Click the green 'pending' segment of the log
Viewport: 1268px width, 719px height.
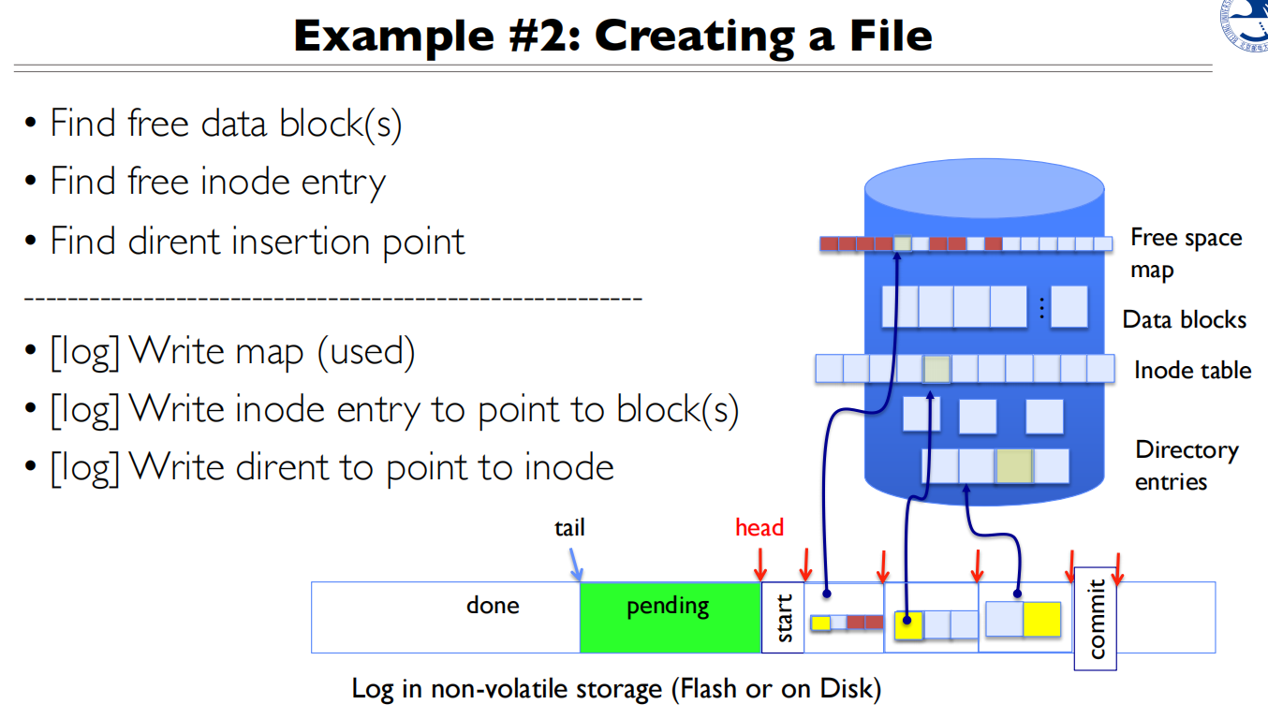pyautogui.click(x=669, y=617)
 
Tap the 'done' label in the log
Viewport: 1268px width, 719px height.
pyautogui.click(x=493, y=606)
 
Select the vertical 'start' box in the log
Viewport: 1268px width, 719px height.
pyautogui.click(x=783, y=617)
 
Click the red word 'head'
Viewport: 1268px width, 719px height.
pyautogui.click(x=759, y=528)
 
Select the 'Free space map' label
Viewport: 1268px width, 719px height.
pyautogui.click(x=1185, y=254)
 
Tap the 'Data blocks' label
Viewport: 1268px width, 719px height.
pyautogui.click(x=1184, y=320)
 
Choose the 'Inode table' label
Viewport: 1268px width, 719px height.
pyautogui.click(x=1191, y=371)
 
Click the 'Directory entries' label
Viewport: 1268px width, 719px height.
pyautogui.click(x=1186, y=465)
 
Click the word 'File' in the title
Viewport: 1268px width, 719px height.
pyautogui.click(x=886, y=36)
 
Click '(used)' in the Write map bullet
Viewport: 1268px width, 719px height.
pyautogui.click(x=365, y=351)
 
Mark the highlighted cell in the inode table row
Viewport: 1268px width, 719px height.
pyautogui.click(x=936, y=369)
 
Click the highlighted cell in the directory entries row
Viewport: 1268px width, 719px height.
pyautogui.click(x=1014, y=465)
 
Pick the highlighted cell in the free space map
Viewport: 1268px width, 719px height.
pyautogui.click(x=902, y=243)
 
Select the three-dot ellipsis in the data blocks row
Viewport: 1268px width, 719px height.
pyautogui.click(x=1040, y=307)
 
